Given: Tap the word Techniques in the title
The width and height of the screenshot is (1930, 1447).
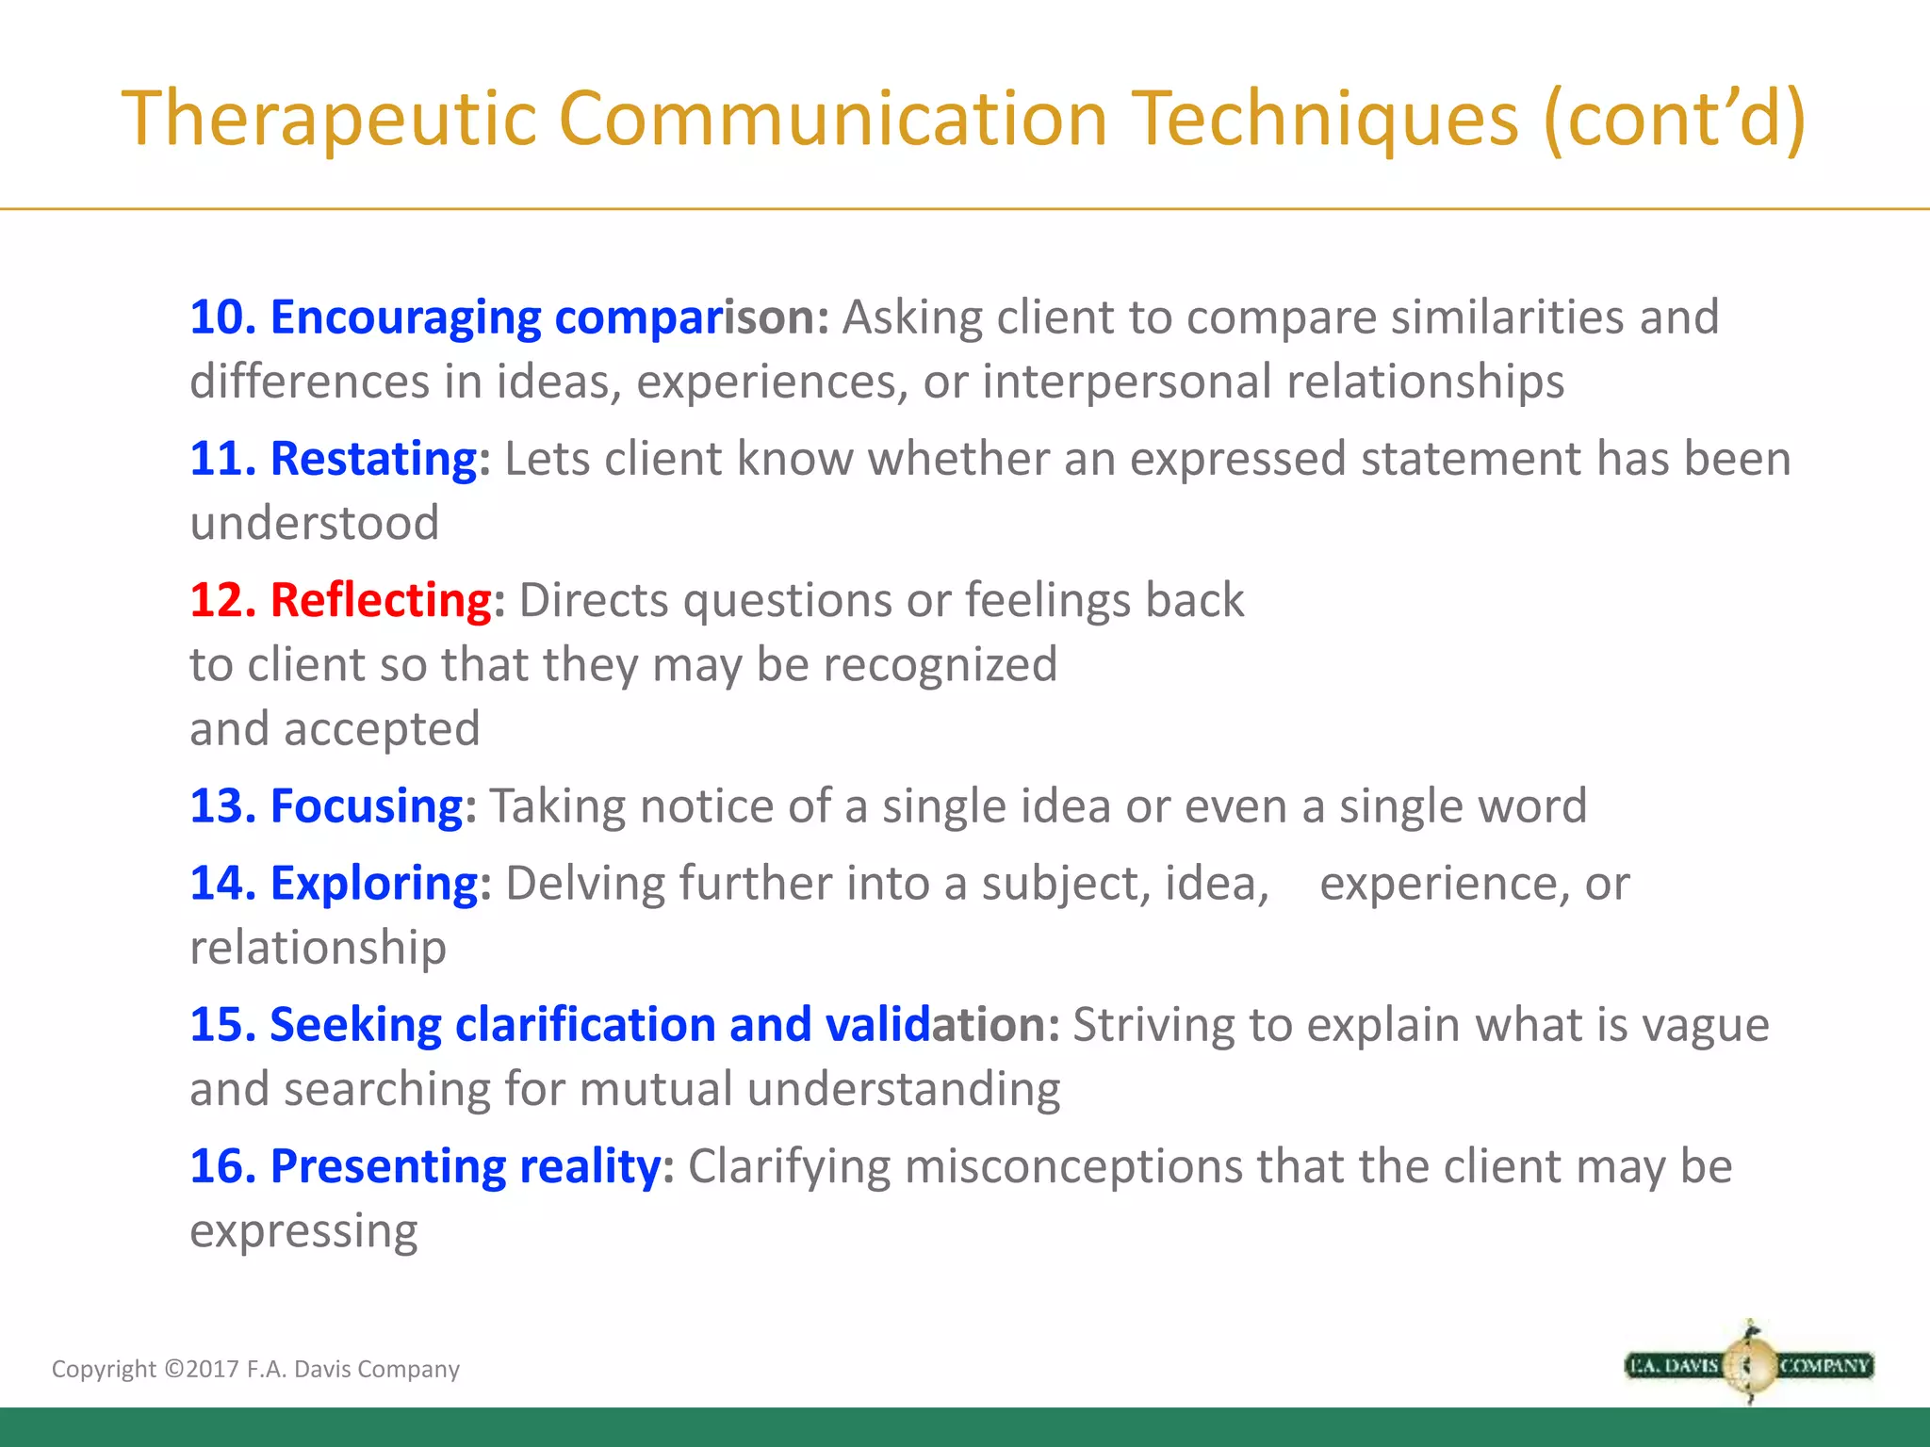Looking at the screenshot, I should [1325, 119].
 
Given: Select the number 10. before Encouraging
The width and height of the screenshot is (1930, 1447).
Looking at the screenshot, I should [223, 317].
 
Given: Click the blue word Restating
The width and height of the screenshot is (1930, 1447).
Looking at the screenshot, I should [373, 459].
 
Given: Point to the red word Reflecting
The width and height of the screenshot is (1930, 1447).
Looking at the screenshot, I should [381, 600].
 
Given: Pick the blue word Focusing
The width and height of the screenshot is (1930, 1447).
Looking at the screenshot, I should [367, 806].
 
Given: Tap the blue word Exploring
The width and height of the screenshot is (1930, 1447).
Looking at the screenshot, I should [374, 884].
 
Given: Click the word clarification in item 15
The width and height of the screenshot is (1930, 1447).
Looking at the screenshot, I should [585, 1025].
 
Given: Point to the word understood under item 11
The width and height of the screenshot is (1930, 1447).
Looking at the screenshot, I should [315, 523].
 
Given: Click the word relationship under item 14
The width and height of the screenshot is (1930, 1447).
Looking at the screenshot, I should [319, 948].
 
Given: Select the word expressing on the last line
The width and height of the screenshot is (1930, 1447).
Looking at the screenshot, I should [303, 1231].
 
